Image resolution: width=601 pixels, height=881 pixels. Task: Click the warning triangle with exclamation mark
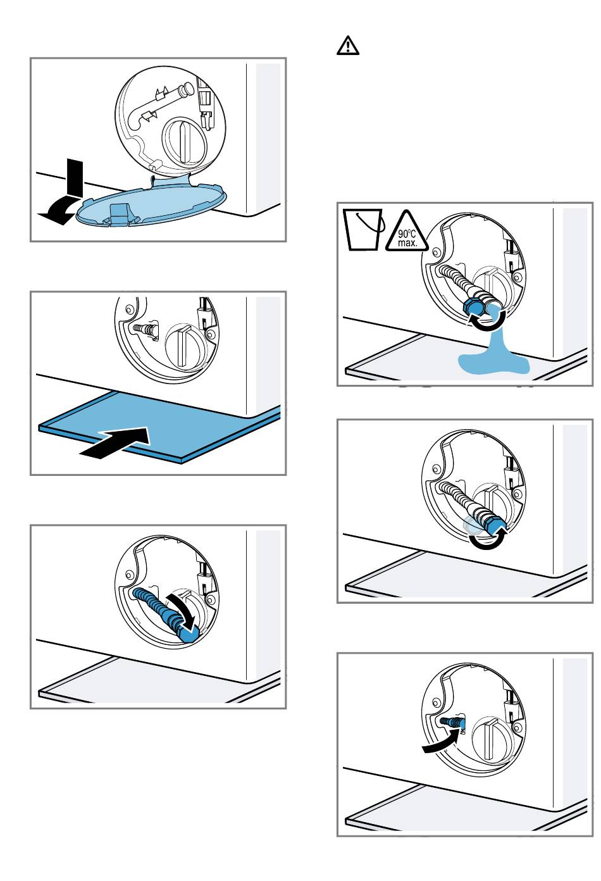click(348, 46)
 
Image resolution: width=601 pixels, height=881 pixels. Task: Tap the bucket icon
click(362, 230)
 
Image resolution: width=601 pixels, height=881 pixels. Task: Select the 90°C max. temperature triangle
click(407, 232)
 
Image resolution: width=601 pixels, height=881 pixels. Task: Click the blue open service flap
click(151, 202)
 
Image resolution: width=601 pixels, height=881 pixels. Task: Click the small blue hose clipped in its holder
click(452, 723)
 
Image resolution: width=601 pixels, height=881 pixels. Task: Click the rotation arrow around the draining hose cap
click(487, 320)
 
